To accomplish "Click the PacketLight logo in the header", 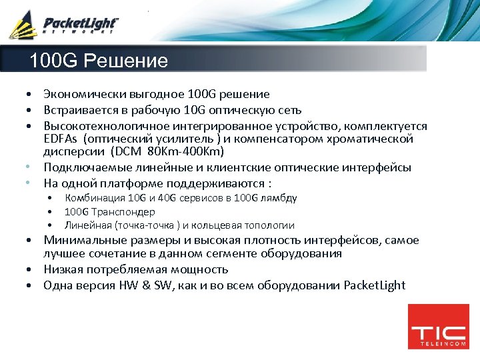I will click(x=63, y=25).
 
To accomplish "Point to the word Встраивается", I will click(x=82, y=110).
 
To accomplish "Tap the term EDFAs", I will click(x=60, y=139).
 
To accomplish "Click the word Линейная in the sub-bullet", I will click(x=88, y=225).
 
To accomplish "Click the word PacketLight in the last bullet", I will click(x=374, y=285).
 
